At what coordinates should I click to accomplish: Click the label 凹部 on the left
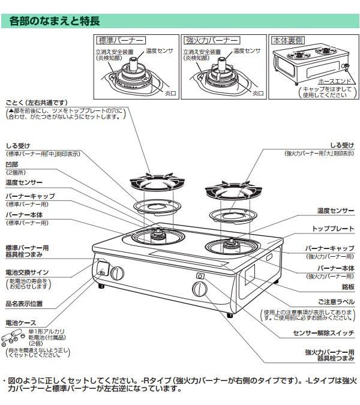(x=13, y=163)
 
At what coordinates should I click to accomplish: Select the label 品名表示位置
(x=24, y=304)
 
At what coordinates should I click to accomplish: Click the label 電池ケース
(x=20, y=322)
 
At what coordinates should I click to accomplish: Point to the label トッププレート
(x=333, y=229)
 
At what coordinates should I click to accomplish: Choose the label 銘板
(x=347, y=287)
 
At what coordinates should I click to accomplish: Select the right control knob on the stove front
(x=199, y=290)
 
